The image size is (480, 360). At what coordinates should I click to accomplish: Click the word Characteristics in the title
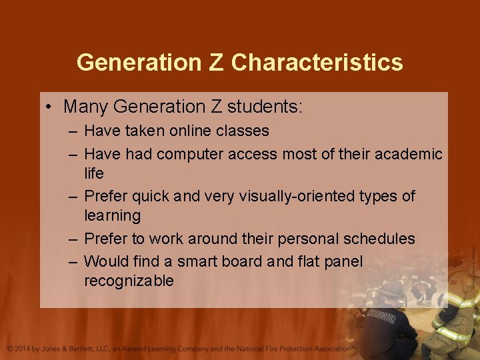tap(317, 62)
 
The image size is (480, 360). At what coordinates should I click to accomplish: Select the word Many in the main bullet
tap(86, 106)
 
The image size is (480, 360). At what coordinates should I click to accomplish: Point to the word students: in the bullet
tap(265, 106)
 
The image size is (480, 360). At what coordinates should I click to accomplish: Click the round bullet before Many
tap(51, 106)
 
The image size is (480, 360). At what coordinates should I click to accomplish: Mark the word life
tap(94, 173)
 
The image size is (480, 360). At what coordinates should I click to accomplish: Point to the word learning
tap(112, 216)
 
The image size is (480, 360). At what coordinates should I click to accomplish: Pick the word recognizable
tap(129, 281)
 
